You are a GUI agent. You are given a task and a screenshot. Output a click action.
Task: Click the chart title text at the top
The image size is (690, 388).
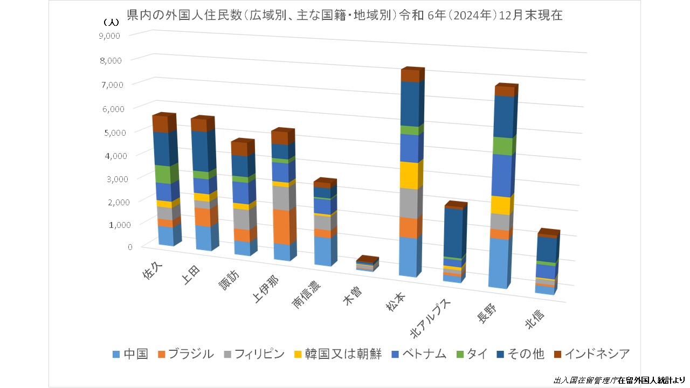click(x=345, y=16)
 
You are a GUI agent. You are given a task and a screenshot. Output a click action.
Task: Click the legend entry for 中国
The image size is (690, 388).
click(x=130, y=354)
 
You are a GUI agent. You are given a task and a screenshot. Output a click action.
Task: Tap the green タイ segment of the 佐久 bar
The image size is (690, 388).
click(x=165, y=174)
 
